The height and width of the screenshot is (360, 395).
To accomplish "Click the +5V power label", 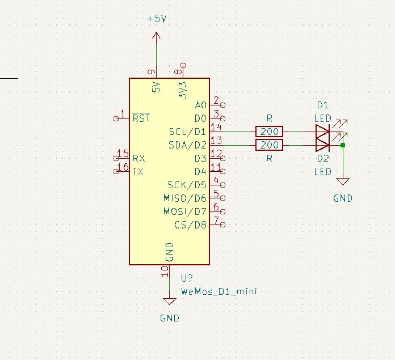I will click(157, 19).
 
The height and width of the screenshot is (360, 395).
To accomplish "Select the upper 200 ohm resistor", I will click(270, 132).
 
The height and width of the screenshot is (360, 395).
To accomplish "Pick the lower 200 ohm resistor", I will click(270, 145).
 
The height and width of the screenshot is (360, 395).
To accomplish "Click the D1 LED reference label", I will click(322, 105).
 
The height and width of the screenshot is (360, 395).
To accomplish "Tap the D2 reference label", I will click(322, 158).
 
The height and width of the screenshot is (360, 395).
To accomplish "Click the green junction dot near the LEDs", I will click(343, 145).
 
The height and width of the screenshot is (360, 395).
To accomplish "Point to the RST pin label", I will click(141, 118).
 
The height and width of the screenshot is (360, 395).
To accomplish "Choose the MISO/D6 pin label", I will click(185, 198).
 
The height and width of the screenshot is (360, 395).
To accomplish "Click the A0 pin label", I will click(200, 105).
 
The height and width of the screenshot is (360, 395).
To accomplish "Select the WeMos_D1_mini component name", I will click(218, 291).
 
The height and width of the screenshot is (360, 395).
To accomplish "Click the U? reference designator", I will click(187, 278).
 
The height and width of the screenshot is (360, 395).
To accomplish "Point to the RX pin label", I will click(138, 158).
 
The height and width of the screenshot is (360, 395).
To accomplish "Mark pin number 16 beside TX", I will click(122, 167).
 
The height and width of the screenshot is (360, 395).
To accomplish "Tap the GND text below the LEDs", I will click(342, 198).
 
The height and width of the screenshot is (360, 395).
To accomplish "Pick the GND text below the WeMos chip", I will click(169, 318).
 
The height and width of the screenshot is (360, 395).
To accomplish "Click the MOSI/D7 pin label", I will click(185, 211).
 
